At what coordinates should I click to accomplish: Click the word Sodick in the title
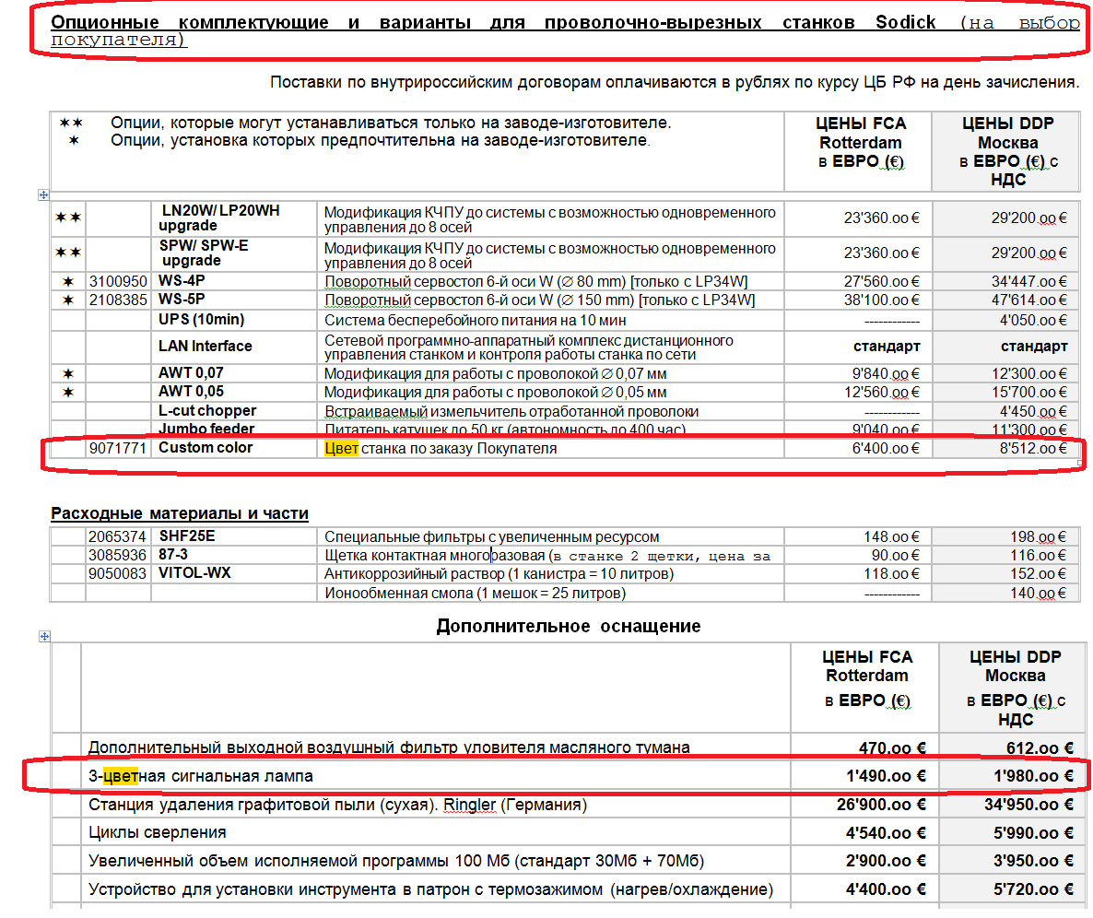pyautogui.click(x=905, y=22)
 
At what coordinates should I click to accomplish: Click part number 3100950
pyautogui.click(x=117, y=281)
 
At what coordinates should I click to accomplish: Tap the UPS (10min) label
pyautogui.click(x=201, y=320)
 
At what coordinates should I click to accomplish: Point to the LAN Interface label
pyautogui.click(x=205, y=347)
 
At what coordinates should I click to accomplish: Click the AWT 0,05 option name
pyautogui.click(x=191, y=392)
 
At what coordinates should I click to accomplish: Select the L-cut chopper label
pyautogui.click(x=207, y=411)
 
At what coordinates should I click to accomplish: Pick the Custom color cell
pyautogui.click(x=206, y=448)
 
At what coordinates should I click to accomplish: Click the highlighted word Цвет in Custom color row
pyautogui.click(x=340, y=449)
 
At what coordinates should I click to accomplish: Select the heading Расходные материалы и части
pyautogui.click(x=180, y=513)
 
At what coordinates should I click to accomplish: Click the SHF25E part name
pyautogui.click(x=187, y=536)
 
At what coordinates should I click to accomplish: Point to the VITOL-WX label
pyautogui.click(x=194, y=573)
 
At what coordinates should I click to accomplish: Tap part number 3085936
pyautogui.click(x=117, y=555)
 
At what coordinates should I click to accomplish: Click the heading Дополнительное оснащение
pyautogui.click(x=568, y=627)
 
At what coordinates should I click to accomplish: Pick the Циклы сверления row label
pyautogui.click(x=158, y=832)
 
